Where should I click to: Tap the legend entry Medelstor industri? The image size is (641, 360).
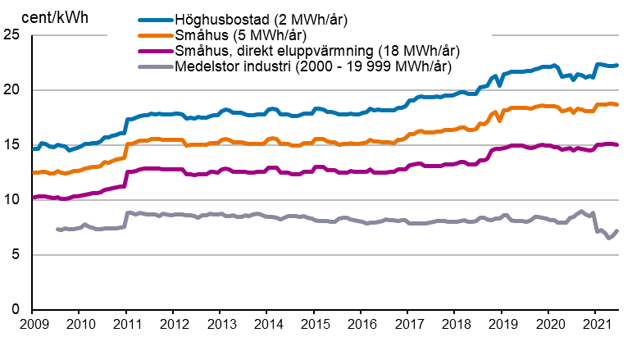coord(313,66)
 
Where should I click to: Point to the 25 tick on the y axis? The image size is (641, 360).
coord(11,35)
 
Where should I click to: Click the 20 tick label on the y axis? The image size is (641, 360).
coord(11,90)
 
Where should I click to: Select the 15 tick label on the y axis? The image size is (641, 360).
coord(11,145)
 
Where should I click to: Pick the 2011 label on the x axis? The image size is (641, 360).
coord(126,326)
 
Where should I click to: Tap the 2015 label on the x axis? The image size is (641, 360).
coord(315,326)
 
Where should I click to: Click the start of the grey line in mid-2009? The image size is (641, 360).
coord(57,229)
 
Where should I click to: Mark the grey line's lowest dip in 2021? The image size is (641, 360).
coord(608,238)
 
